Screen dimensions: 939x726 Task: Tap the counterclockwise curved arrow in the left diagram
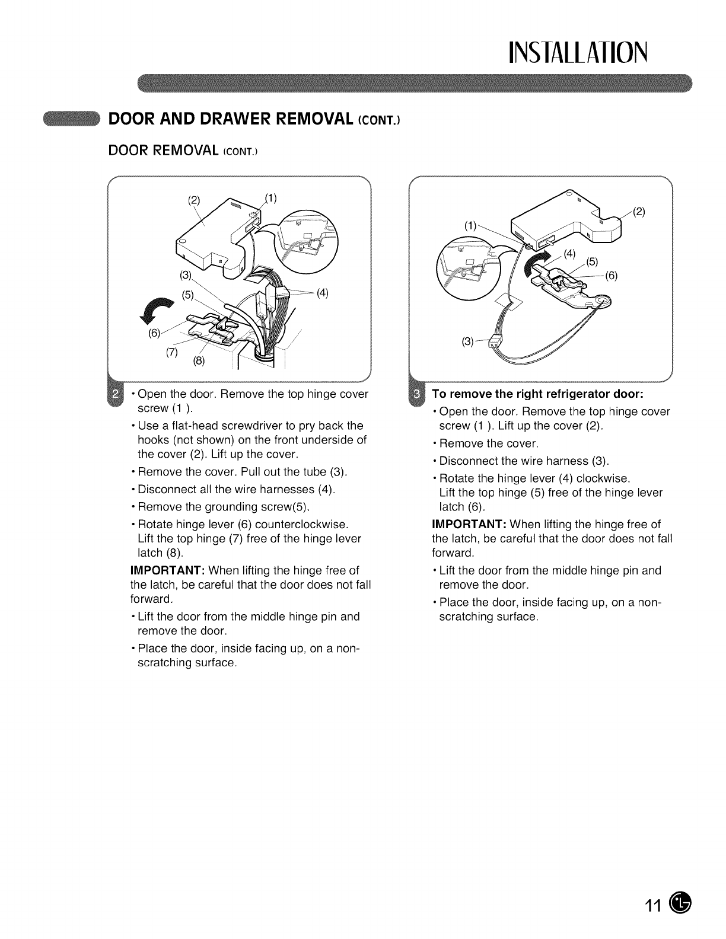coord(158,309)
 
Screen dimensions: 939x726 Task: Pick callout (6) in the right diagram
coord(611,276)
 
